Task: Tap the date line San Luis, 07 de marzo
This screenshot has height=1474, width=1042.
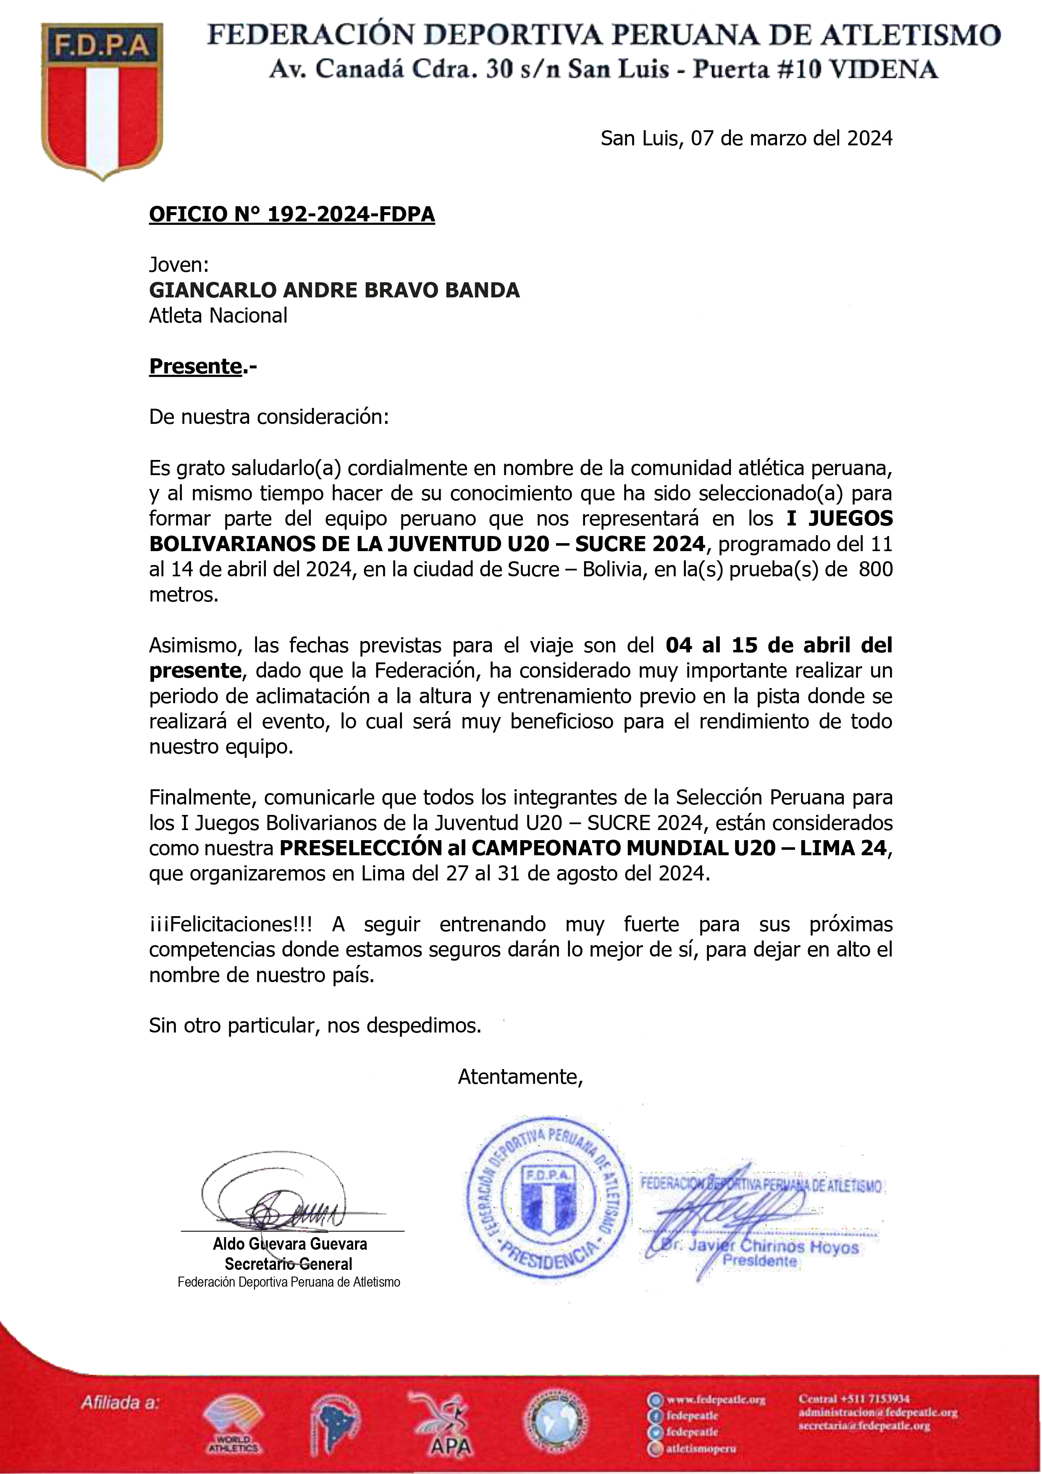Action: (746, 138)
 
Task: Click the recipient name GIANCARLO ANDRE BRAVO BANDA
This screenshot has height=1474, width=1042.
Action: (334, 290)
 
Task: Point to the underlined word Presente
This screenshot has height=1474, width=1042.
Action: (195, 366)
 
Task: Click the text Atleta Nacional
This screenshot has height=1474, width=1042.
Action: (218, 315)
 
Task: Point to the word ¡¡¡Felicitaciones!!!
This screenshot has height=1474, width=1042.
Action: (231, 925)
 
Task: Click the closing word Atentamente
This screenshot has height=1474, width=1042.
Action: (520, 1077)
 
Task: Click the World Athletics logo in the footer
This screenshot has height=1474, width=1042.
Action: (232, 1427)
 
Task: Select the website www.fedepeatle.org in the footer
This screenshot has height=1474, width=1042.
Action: (716, 1400)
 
